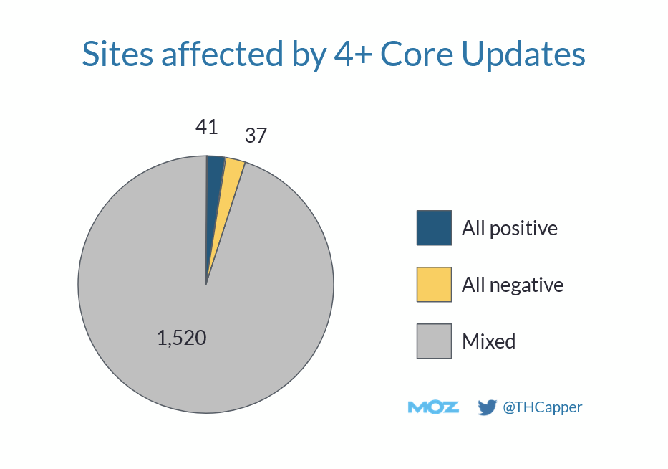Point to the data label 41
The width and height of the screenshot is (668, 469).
coord(206,127)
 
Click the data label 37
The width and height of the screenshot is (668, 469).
coord(256,136)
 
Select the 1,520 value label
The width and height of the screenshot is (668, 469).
coord(182,338)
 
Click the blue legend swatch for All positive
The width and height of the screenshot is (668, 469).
coord(434,228)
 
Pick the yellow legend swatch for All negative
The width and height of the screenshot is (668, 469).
coord(434,285)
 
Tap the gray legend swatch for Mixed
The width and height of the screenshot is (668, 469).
coord(434,341)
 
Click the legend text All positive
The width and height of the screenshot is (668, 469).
coord(510,229)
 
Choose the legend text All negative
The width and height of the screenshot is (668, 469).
coord(513,285)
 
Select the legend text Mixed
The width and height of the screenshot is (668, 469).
coord(489,341)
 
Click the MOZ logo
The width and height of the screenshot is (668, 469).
coord(433,407)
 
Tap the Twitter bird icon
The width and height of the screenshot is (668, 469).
coord(488,407)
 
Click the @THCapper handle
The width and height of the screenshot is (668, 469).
coord(543,407)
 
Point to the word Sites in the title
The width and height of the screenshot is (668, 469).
coord(114,55)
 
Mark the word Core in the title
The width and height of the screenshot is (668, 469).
coord(415,55)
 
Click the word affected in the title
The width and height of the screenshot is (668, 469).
coord(213,55)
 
